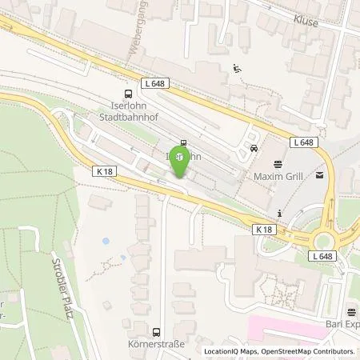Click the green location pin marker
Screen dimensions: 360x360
tap(182, 158)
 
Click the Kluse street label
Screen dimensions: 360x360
tap(305, 22)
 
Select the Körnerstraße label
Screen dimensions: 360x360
tap(157, 345)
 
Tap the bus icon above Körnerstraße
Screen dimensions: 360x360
tap(157, 331)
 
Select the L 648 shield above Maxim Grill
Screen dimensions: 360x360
tap(304, 142)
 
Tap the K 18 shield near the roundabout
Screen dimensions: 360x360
tap(266, 229)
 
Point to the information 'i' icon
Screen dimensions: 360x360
tap(279, 213)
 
